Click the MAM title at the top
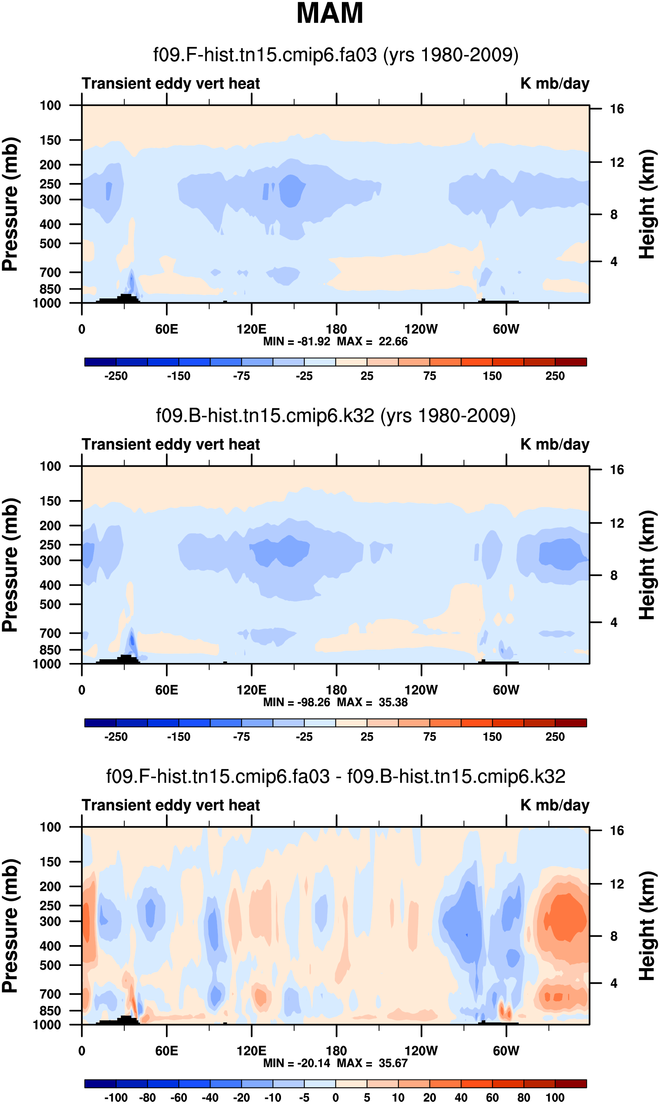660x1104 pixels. [330, 13]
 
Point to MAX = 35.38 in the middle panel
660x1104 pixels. [372, 702]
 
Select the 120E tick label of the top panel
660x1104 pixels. [251, 330]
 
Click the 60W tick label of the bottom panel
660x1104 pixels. [506, 1051]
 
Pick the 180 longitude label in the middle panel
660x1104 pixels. [336, 690]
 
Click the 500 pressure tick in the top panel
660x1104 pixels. [50, 244]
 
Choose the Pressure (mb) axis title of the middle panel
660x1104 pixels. [10, 565]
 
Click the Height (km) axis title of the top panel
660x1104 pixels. [647, 204]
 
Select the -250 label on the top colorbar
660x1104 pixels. [116, 376]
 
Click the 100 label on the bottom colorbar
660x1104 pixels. [555, 1098]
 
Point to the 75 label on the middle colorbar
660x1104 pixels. [429, 737]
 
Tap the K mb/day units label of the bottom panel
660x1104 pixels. [555, 805]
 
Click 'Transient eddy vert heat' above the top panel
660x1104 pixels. [171, 84]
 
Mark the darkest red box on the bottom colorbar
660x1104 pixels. [571, 1084]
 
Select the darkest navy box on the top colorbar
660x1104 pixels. [101, 362]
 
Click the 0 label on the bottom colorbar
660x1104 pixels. [336, 1098]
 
